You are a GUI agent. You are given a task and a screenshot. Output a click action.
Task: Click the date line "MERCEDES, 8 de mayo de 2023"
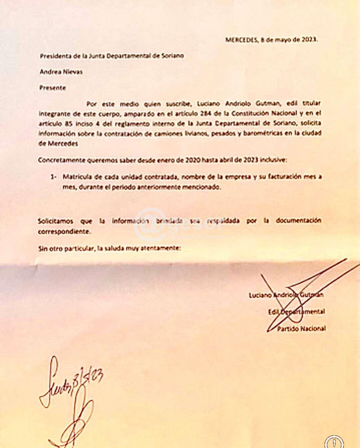(271, 40)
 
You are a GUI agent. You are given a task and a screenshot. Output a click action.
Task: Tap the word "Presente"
(52, 88)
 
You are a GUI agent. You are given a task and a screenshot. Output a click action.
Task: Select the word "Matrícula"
(76, 177)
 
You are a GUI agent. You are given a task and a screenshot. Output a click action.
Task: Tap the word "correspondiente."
(64, 232)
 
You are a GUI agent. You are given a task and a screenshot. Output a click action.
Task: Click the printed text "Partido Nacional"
(301, 329)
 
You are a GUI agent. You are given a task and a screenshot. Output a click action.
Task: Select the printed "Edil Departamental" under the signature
(296, 312)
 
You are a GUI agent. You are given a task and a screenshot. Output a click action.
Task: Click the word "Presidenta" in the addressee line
(53, 56)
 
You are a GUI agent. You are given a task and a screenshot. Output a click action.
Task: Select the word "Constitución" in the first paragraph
(248, 113)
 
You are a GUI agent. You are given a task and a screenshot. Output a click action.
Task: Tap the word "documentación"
(298, 221)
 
